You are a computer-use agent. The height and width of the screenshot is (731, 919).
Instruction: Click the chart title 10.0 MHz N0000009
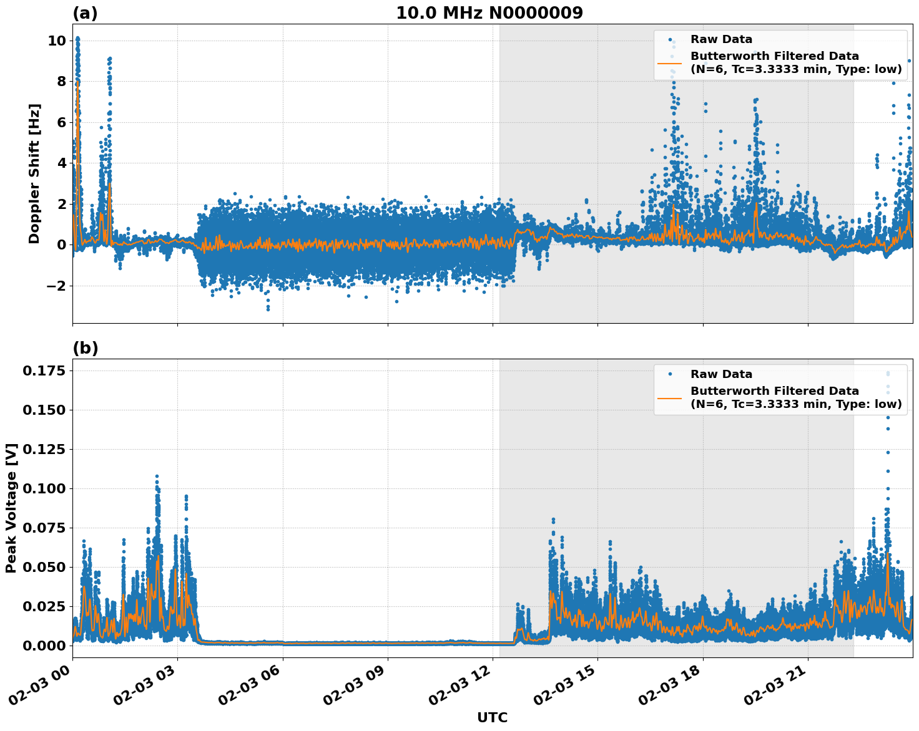(x=489, y=13)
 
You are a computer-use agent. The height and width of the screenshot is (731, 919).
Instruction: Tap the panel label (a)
(x=85, y=13)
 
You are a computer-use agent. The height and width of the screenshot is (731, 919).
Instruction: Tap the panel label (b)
(x=85, y=348)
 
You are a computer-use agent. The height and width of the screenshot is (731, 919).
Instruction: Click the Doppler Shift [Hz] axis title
(x=34, y=173)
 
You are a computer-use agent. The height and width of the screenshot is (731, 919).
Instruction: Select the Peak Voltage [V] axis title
(x=11, y=508)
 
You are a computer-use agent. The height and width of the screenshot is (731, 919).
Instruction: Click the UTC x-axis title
(x=492, y=717)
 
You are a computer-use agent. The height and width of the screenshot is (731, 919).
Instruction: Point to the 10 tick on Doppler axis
(x=57, y=41)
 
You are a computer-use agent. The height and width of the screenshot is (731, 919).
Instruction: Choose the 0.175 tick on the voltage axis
(x=44, y=371)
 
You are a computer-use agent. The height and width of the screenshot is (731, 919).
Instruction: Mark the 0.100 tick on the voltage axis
(x=44, y=488)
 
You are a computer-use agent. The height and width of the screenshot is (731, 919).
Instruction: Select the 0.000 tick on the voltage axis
(x=44, y=646)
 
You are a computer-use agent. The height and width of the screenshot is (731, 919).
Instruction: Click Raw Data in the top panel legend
(x=721, y=39)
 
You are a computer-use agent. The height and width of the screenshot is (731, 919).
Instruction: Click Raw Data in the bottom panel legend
(x=721, y=374)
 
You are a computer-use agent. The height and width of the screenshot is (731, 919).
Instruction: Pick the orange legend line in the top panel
(x=670, y=63)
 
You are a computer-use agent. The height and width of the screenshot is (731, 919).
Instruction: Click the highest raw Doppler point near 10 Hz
(x=77, y=38)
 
